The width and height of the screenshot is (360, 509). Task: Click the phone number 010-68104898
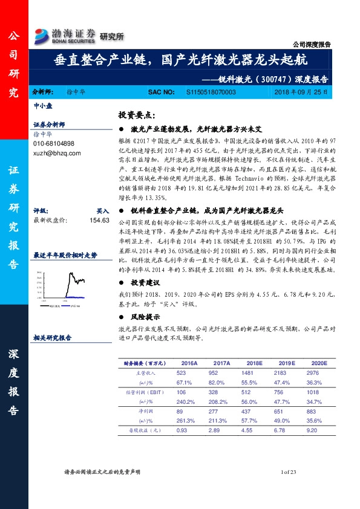[54, 144]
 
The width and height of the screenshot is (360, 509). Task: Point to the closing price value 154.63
[99, 221]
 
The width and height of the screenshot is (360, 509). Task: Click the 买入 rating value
[103, 212]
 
